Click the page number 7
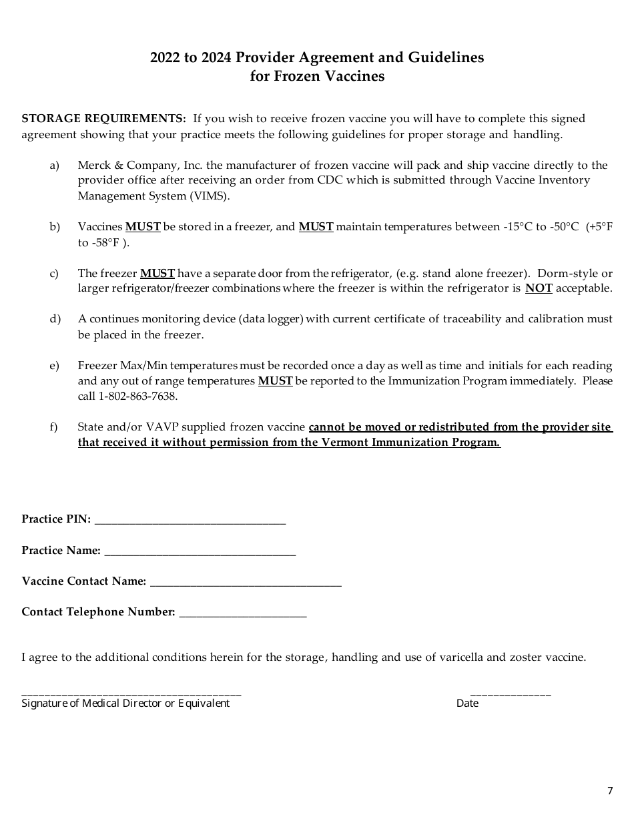(x=609, y=791)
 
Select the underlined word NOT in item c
(x=539, y=288)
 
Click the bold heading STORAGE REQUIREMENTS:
(x=104, y=119)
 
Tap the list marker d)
(x=55, y=319)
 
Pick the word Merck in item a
(x=93, y=166)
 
